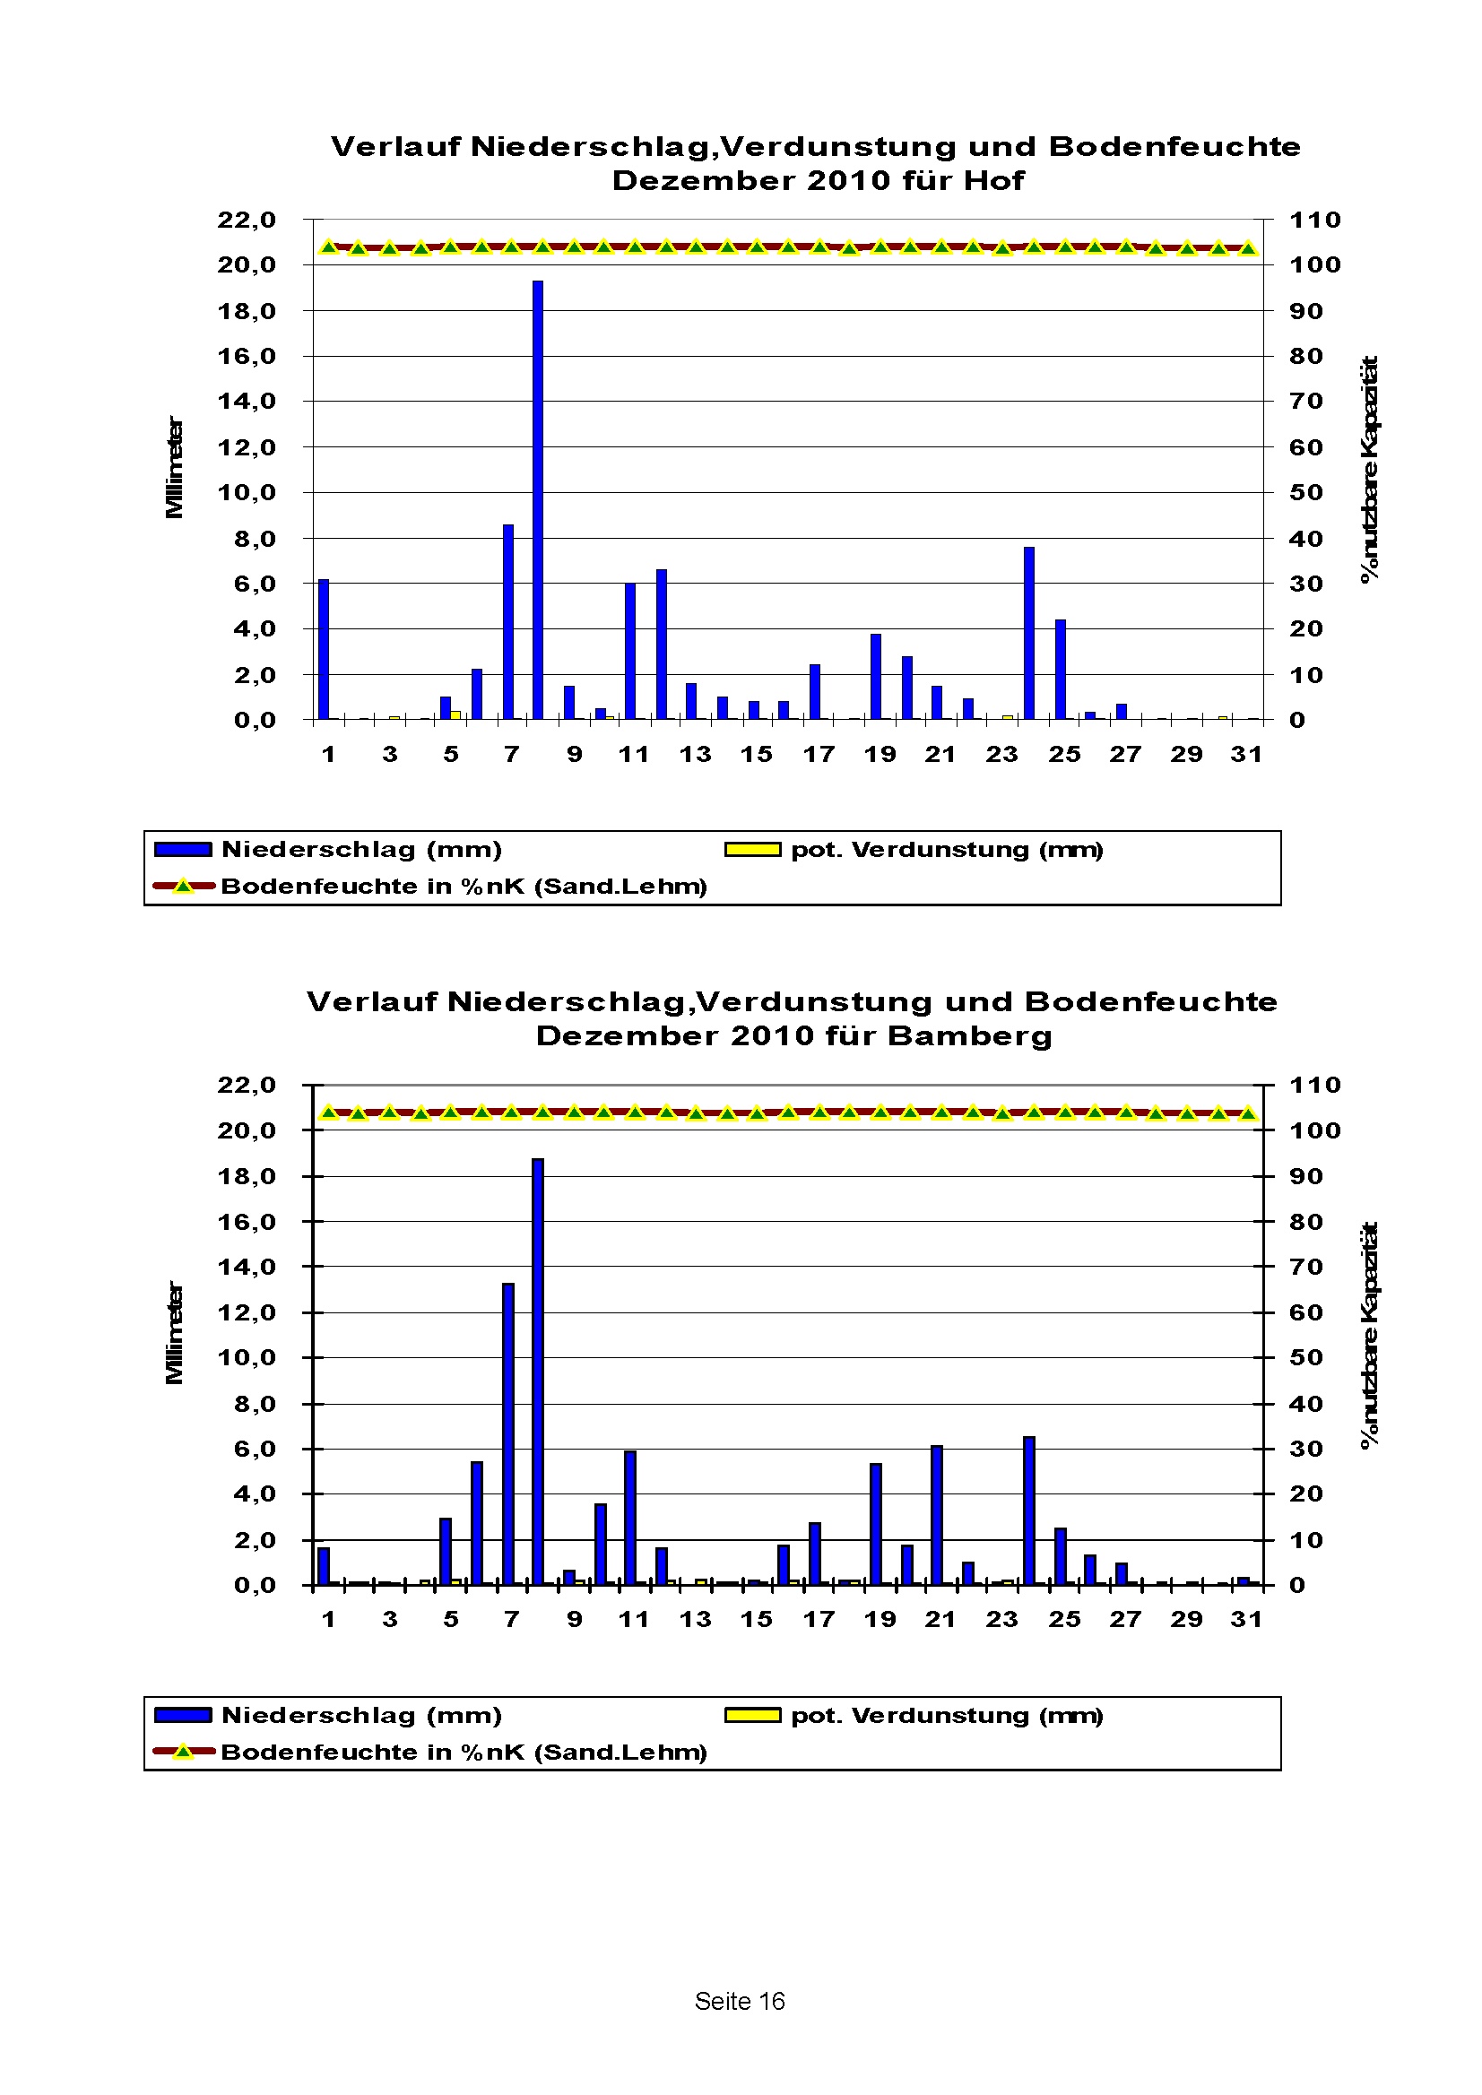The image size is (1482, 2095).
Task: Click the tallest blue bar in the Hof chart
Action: tap(538, 500)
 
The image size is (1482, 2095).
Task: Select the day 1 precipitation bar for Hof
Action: tap(323, 650)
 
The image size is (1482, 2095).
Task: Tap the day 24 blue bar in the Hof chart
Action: tap(1028, 633)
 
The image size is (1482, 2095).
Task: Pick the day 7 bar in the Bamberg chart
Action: tap(508, 1433)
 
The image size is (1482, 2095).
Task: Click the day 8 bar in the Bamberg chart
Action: tap(538, 1372)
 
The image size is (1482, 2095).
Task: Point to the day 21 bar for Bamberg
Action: tap(937, 1515)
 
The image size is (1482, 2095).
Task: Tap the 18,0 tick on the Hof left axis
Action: tap(247, 311)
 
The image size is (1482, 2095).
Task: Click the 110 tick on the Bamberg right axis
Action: tap(1314, 1086)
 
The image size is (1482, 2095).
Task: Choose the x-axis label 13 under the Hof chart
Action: tap(696, 755)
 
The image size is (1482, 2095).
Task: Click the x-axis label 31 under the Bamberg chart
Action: tap(1246, 1620)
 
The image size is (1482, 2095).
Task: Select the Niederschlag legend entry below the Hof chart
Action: tap(361, 850)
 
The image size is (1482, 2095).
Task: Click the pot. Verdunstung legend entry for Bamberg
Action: tap(947, 1716)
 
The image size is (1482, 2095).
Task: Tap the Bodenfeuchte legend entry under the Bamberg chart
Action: tap(464, 1752)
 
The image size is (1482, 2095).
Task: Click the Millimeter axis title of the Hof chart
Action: tap(174, 467)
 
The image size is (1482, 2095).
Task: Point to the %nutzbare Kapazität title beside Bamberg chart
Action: tap(1369, 1335)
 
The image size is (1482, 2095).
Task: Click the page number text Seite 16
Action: tap(739, 2001)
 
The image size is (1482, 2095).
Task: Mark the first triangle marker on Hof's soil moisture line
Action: tap(329, 247)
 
